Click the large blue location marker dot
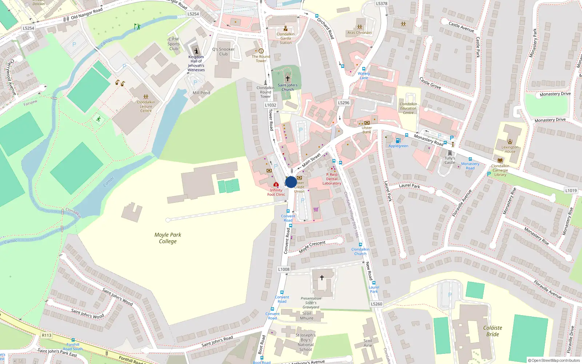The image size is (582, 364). click(291, 182)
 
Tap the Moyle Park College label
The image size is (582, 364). click(168, 238)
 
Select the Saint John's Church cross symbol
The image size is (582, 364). click(288, 78)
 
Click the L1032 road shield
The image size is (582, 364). click(271, 105)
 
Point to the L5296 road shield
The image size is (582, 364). click(343, 103)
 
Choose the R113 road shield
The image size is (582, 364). click(47, 335)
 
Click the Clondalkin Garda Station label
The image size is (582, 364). click(286, 38)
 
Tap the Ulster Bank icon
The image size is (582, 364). click(367, 123)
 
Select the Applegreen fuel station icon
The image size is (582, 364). click(398, 141)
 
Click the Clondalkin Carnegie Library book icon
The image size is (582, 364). click(500, 160)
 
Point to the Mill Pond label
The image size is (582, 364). click(202, 93)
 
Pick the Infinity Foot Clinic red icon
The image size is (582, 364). click(276, 185)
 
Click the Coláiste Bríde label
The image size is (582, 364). click(493, 331)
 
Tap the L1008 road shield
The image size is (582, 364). click(284, 269)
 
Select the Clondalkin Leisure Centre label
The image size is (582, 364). click(146, 106)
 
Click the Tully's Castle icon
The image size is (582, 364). click(450, 153)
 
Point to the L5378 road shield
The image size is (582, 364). click(382, 4)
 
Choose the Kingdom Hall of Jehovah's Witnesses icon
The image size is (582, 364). click(196, 51)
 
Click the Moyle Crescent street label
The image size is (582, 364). click(312, 247)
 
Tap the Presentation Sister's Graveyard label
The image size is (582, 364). click(311, 303)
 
